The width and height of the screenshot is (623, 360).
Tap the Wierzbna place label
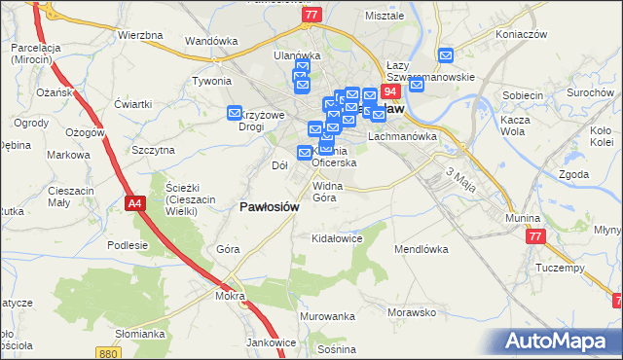tap(139, 35)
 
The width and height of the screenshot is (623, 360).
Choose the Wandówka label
tap(211, 41)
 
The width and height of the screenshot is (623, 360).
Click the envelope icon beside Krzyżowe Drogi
tap(235, 114)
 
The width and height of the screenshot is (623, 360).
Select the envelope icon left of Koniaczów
tap(446, 56)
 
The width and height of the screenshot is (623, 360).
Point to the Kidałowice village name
tap(336, 238)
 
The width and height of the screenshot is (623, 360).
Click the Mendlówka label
tap(421, 249)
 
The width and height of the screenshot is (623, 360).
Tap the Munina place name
tap(523, 219)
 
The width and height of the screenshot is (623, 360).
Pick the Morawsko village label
tap(410, 312)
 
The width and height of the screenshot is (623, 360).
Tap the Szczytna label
tap(153, 150)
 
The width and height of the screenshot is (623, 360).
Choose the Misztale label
tap(384, 17)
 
